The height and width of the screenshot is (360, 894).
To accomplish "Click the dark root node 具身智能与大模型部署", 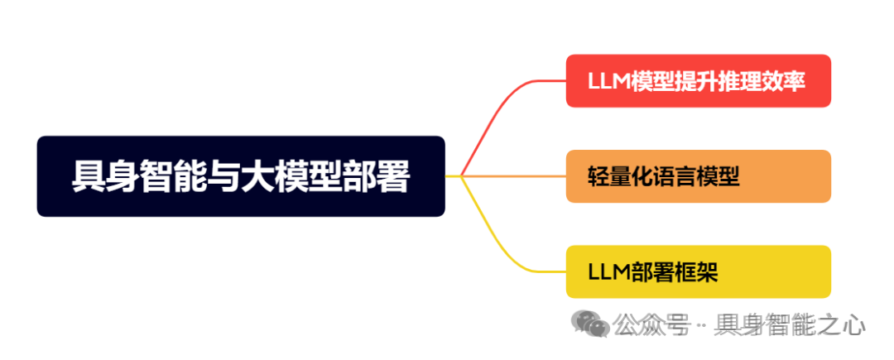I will [241, 176].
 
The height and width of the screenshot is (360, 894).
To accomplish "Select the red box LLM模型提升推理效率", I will [698, 81].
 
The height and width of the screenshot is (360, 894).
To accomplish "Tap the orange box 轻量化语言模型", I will [698, 176].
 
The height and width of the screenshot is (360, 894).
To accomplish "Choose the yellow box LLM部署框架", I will [698, 271].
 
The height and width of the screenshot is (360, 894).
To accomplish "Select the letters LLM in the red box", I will [608, 82].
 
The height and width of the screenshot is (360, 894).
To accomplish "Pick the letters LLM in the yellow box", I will [608, 272].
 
